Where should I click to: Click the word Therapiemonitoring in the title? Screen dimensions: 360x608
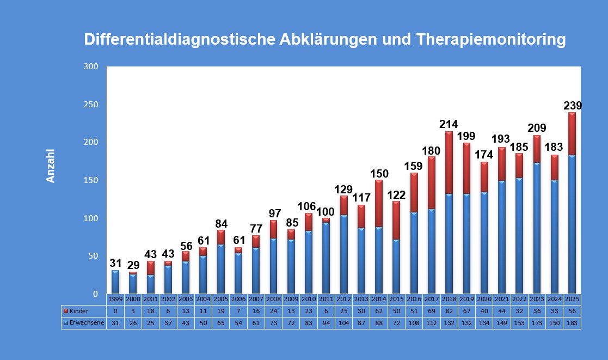click(x=490, y=40)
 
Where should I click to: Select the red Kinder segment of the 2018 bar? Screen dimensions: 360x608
click(x=449, y=162)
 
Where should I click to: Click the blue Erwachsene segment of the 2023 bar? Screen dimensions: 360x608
click(x=537, y=227)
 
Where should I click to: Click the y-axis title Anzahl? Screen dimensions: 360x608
click(x=51, y=166)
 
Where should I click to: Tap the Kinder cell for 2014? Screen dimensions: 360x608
click(x=379, y=310)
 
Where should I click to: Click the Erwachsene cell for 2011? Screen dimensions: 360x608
click(x=326, y=322)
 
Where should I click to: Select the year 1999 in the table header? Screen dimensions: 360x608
click(x=115, y=299)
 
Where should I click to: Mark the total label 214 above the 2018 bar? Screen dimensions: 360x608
click(x=449, y=124)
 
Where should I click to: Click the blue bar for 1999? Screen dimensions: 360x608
click(x=115, y=282)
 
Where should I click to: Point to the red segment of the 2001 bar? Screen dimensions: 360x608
click(x=150, y=267)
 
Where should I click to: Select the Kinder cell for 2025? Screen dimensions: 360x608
click(x=572, y=310)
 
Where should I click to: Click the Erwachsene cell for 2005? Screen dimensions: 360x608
click(x=220, y=322)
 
